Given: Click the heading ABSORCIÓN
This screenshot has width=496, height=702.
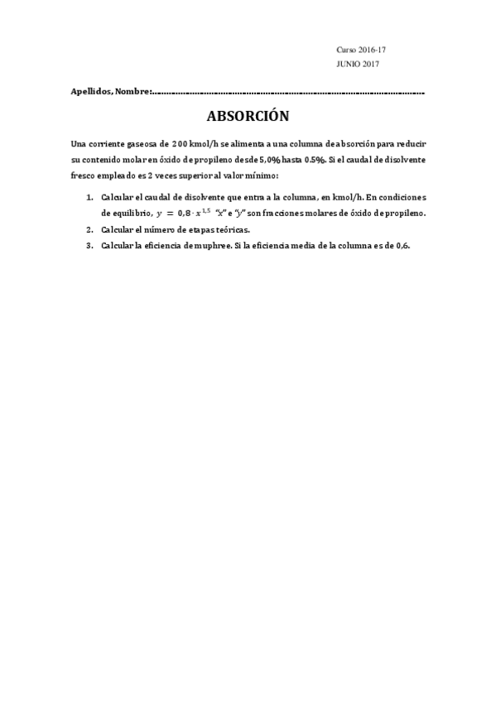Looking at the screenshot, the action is (248, 116).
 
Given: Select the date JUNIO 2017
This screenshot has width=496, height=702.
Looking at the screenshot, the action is (359, 64).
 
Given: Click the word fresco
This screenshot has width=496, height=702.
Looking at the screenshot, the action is (85, 175).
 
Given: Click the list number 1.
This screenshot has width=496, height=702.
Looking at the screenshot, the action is (89, 198).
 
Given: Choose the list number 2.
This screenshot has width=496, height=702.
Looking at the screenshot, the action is (89, 229).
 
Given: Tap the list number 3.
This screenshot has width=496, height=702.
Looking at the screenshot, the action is (89, 245).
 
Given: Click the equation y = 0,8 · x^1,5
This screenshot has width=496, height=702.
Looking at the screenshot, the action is (180, 214).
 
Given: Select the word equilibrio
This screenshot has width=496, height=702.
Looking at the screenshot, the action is (132, 214).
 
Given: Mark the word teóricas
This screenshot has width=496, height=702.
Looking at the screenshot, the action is (230, 229).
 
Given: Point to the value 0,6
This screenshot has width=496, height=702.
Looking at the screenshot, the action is (402, 245).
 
